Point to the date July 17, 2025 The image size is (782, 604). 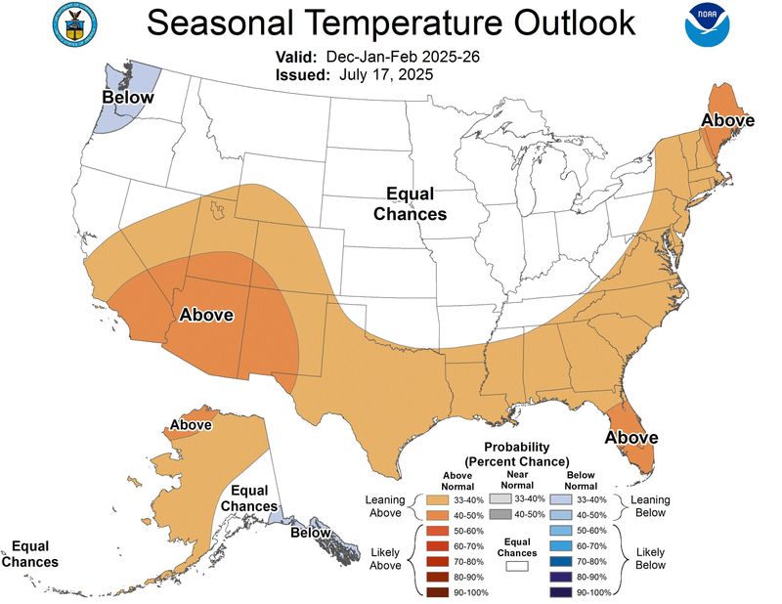386,73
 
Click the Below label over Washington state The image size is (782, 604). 129,98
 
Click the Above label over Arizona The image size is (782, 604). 205,315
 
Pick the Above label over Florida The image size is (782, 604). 630,437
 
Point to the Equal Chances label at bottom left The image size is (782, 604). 29,554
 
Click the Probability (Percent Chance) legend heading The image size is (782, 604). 517,453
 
